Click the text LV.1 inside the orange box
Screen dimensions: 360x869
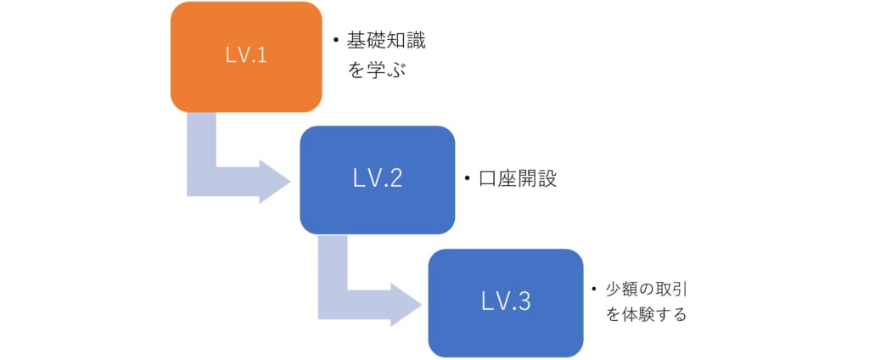245,57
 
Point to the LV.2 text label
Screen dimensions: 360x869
377,179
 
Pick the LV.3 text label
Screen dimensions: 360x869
505,301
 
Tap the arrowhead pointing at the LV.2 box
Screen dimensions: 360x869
273,179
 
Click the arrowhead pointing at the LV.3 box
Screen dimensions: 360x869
404,302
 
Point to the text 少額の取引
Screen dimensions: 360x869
647,289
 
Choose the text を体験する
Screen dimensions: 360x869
646,314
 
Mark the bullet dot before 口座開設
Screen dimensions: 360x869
467,179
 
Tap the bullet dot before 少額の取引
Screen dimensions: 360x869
594,289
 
